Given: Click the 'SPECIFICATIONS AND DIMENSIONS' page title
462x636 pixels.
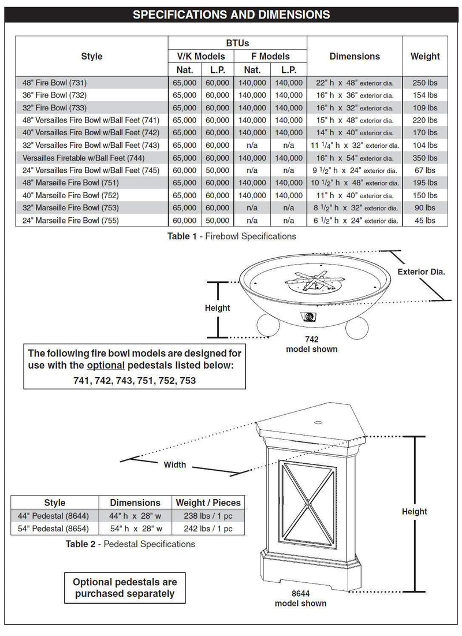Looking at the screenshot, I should tap(231, 14).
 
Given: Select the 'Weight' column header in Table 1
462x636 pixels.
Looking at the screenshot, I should tap(425, 56).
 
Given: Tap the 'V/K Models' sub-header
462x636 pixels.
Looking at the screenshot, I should tap(201, 57).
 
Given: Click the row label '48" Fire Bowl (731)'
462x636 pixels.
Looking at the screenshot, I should tap(55, 82).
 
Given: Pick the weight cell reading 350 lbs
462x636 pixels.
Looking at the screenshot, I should tap(425, 158).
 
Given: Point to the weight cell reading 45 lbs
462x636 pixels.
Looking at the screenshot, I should tap(425, 220).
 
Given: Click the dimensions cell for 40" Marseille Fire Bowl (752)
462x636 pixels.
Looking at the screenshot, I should tap(355, 195).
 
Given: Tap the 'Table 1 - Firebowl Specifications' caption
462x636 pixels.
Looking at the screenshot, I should tap(231, 236).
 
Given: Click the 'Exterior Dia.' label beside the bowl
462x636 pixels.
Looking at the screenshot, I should tap(421, 271).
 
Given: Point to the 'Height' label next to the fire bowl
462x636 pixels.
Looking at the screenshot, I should tap(217, 308).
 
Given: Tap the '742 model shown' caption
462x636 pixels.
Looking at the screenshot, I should tap(312, 344).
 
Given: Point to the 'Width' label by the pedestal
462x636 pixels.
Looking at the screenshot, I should tap(174, 464).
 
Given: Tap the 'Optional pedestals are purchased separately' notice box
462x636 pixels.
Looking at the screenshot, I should tap(124, 587).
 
